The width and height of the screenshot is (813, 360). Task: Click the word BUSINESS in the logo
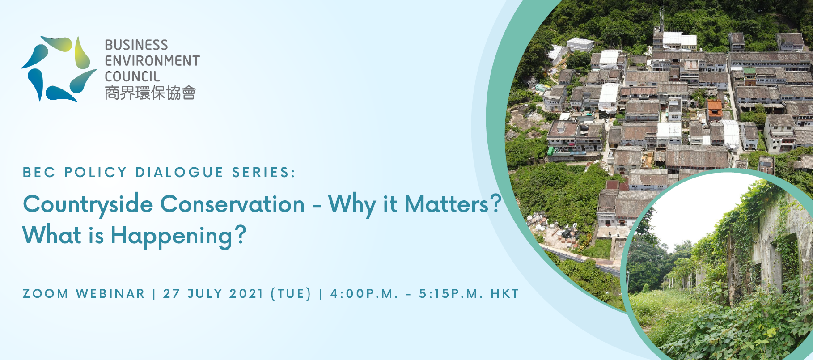(x=136, y=45)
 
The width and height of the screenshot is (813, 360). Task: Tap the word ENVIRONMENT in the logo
(x=152, y=61)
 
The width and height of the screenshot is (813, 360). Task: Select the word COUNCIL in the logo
(x=132, y=76)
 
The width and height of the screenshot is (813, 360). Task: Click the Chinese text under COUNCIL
(x=150, y=93)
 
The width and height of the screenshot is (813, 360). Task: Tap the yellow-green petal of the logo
(x=82, y=53)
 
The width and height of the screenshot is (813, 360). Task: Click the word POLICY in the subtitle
(x=96, y=173)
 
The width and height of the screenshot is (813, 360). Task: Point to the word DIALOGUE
(x=179, y=173)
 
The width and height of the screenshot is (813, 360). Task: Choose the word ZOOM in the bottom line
(x=46, y=294)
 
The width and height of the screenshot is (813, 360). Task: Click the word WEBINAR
(x=110, y=294)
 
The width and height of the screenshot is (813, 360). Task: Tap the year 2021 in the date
(x=246, y=294)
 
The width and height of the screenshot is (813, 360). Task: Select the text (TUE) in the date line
(x=291, y=294)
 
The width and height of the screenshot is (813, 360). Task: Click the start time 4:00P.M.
(x=364, y=294)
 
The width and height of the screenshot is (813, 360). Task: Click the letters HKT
(x=505, y=294)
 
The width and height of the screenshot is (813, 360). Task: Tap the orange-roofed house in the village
(x=714, y=109)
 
